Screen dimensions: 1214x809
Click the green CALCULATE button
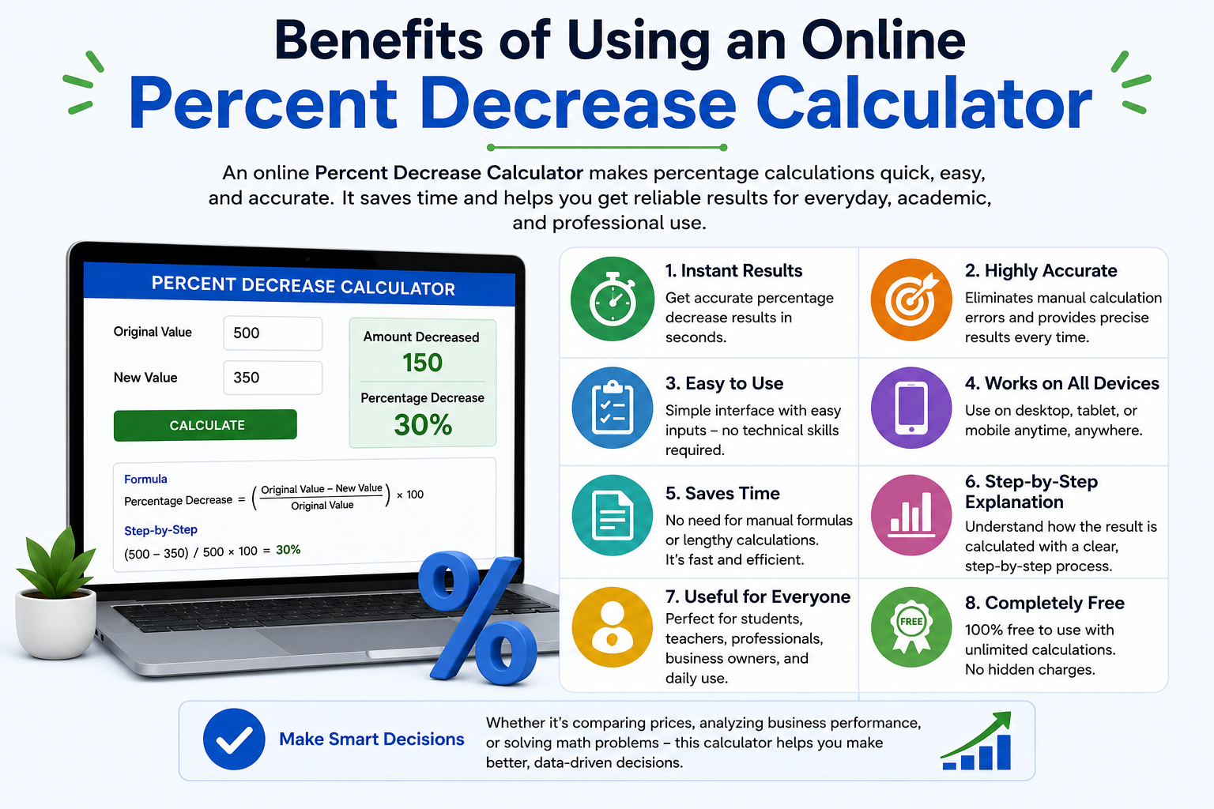pos(205,425)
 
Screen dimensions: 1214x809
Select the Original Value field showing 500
pos(273,333)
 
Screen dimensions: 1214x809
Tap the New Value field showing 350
pos(273,378)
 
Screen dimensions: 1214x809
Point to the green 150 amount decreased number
pos(422,363)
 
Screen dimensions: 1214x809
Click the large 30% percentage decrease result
pos(423,424)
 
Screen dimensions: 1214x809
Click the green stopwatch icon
pos(613,299)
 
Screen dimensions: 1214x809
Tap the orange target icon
pos(911,299)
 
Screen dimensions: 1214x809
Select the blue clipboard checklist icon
pos(613,408)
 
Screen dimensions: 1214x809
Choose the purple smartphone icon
pos(911,408)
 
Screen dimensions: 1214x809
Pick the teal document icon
pos(613,515)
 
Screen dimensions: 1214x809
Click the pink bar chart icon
pos(911,515)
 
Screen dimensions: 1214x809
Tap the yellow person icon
pos(613,627)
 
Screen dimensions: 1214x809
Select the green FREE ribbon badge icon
pos(911,627)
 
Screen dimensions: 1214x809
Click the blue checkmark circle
pos(234,739)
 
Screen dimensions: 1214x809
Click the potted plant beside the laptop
pos(55,594)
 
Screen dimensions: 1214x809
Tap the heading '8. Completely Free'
pos(1044,603)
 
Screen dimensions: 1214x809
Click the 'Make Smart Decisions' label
pos(371,739)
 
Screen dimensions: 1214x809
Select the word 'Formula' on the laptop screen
pos(145,479)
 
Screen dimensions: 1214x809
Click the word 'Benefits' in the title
pos(379,41)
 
